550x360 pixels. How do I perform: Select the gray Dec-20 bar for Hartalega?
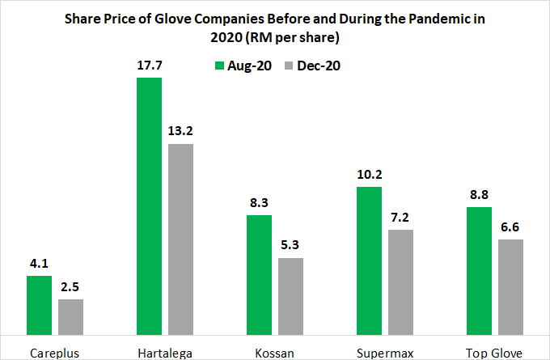181,238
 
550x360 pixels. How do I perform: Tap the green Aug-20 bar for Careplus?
40,304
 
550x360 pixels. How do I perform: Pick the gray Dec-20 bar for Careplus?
71,316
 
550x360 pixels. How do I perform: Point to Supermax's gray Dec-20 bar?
401,282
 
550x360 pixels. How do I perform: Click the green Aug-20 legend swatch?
218,67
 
